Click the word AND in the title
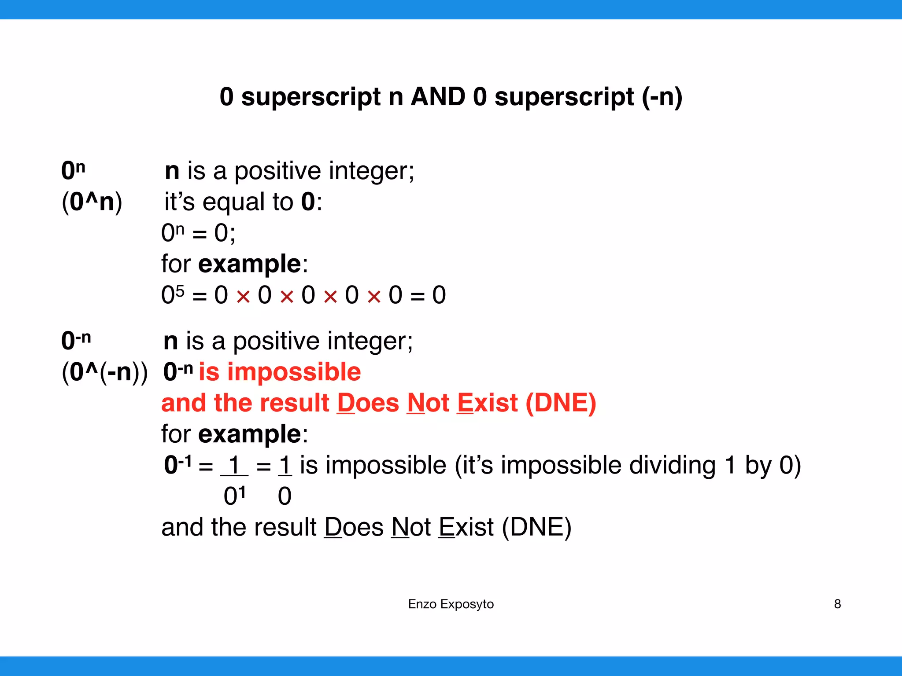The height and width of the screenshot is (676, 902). pos(438,97)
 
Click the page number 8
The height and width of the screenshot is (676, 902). pos(837,604)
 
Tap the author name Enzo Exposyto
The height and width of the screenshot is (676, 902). pos(451,604)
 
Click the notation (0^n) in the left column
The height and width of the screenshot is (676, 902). pos(92,202)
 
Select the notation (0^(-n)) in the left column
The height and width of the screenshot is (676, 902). pos(104,372)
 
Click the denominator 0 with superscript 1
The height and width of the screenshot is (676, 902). pos(234,496)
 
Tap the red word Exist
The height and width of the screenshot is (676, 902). pos(487,403)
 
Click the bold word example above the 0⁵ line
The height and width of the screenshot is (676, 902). pos(249,264)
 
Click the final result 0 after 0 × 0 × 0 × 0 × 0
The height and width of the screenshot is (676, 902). pos(439,295)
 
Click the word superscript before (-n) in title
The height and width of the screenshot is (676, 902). pos(564,97)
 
